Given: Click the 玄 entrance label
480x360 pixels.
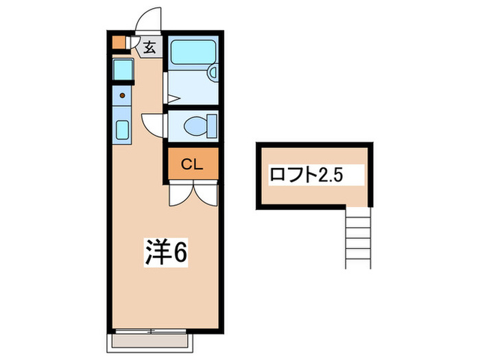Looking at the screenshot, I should tap(149, 47).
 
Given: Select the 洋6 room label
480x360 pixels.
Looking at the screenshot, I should tap(165, 253).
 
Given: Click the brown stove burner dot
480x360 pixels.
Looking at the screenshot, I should tap(123, 96).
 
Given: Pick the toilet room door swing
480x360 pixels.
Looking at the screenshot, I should tap(152, 123).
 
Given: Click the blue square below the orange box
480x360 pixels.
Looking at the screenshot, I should tap(123, 69).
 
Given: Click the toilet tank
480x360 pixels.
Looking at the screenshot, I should tap(213, 125).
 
